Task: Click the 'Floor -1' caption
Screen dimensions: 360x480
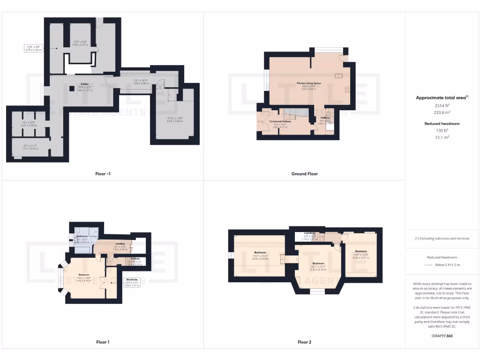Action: tap(103, 174)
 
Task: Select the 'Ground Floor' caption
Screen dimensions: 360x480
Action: tap(304, 174)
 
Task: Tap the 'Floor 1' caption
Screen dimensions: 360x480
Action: tap(103, 342)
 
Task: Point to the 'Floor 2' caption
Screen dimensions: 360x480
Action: tap(304, 342)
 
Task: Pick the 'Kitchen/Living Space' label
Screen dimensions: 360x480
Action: tap(308, 83)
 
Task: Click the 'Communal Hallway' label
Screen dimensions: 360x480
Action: tap(280, 121)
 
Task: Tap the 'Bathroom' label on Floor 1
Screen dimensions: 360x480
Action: tap(82, 236)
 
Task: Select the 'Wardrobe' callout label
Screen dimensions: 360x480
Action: tap(131, 279)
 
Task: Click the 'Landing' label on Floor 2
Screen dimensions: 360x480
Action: tap(309, 233)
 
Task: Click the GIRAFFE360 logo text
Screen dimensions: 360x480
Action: tap(442, 336)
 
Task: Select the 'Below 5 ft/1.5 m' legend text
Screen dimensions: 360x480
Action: tap(447, 265)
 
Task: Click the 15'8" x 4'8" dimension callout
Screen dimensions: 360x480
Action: tap(34, 47)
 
